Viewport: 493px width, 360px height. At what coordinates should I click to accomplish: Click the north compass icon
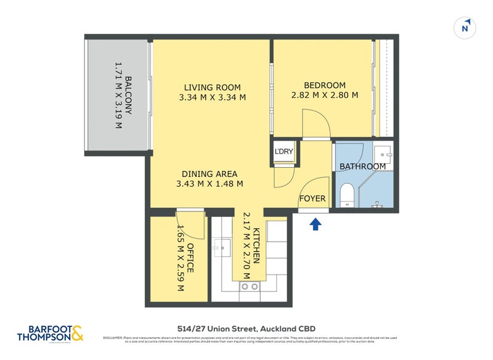pyautogui.click(x=466, y=28)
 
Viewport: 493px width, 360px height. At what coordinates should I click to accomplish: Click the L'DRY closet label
pyautogui.click(x=284, y=152)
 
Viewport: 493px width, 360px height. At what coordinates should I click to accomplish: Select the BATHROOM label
pyautogui.click(x=362, y=166)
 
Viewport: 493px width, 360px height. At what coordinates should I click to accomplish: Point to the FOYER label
pyautogui.click(x=312, y=198)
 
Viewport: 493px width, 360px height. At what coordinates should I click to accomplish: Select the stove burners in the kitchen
pyautogui.click(x=250, y=287)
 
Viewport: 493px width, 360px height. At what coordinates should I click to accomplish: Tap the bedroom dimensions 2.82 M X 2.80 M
pyautogui.click(x=324, y=96)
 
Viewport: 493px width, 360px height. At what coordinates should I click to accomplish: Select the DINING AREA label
pyautogui.click(x=210, y=174)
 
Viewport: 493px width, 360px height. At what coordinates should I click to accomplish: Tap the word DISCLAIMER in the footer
pyautogui.click(x=113, y=338)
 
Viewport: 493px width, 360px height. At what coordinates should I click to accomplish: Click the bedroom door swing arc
pyautogui.click(x=317, y=123)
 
